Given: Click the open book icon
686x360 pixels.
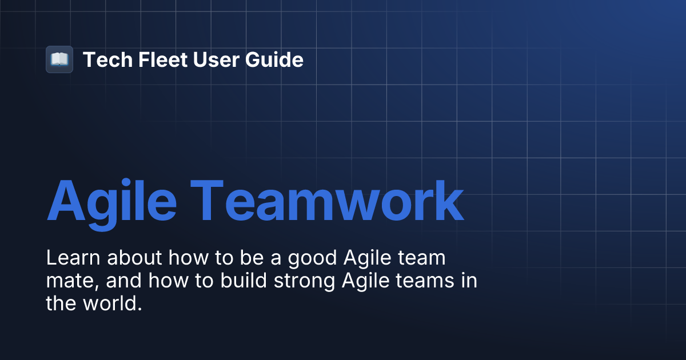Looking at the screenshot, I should click(59, 59).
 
